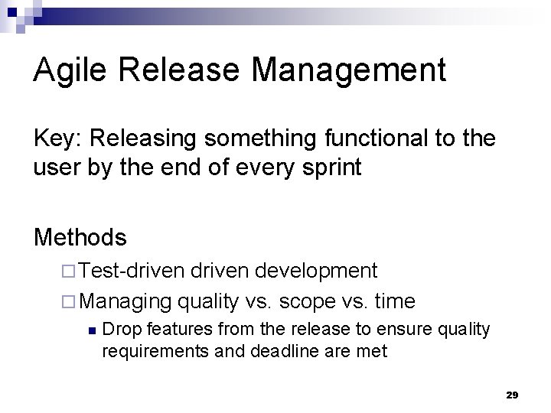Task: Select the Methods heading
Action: tap(80, 237)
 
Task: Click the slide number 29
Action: tap(512, 395)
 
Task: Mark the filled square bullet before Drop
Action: tap(91, 330)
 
